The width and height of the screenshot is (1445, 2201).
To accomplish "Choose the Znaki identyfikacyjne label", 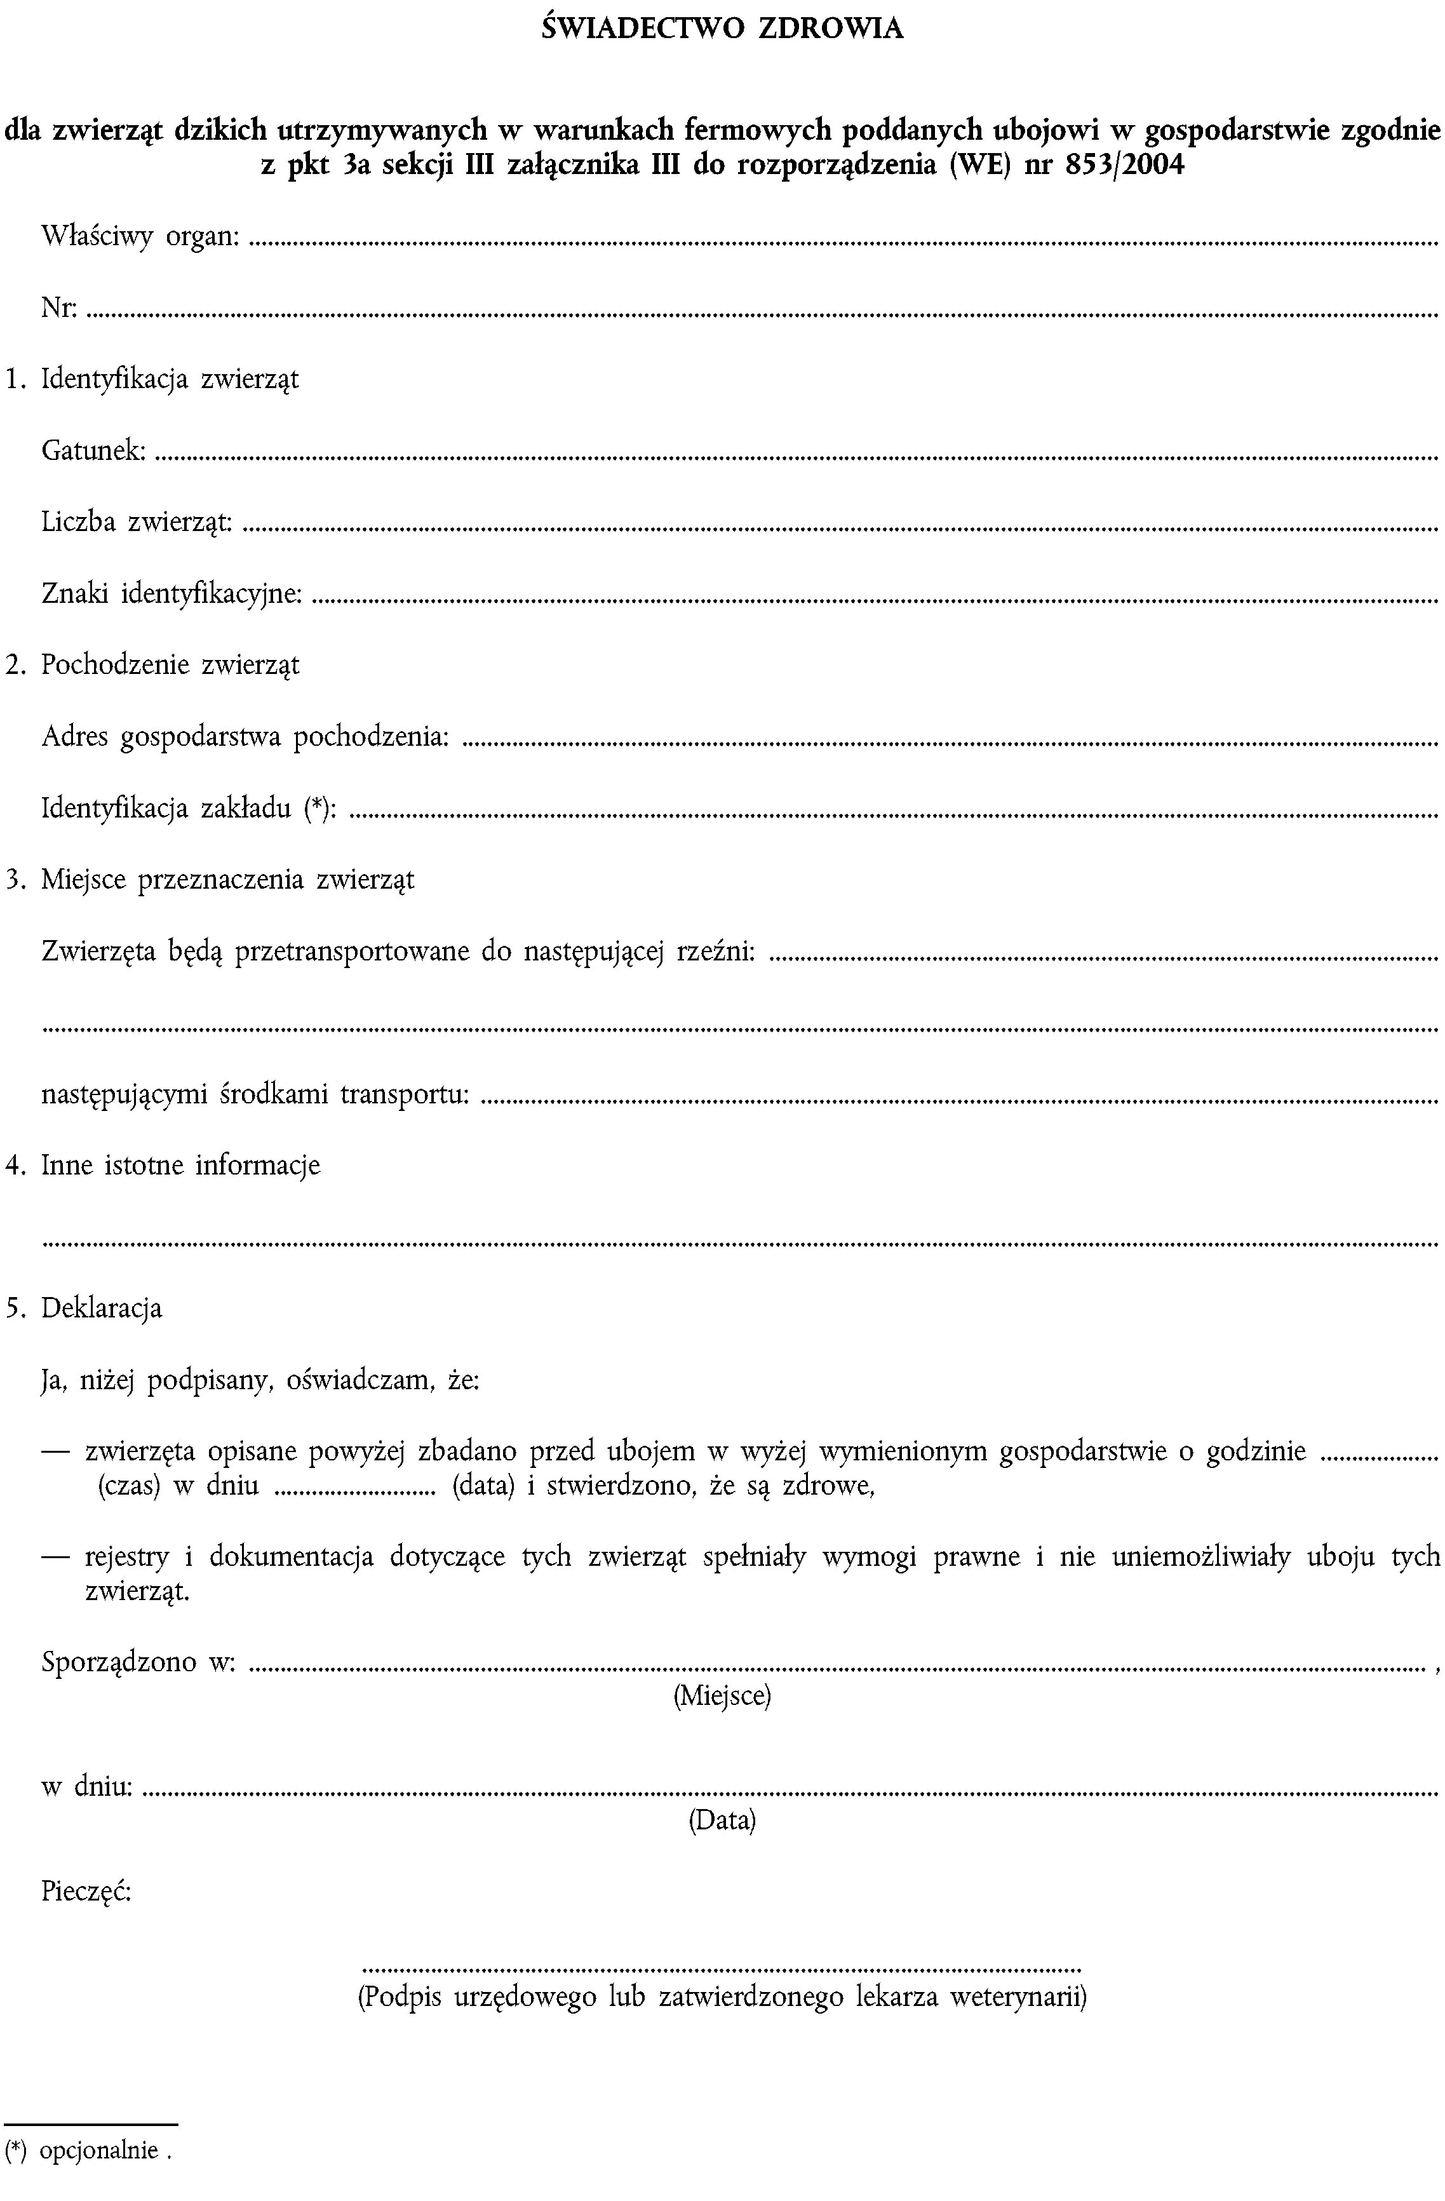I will (x=172, y=594).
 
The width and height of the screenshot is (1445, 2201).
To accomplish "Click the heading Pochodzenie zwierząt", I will (x=170, y=665).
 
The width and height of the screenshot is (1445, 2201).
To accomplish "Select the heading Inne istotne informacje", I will (x=180, y=1165).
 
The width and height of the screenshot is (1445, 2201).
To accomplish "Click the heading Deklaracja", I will (x=102, y=1309).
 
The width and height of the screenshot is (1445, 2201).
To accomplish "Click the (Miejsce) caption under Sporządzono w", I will (x=722, y=1695).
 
